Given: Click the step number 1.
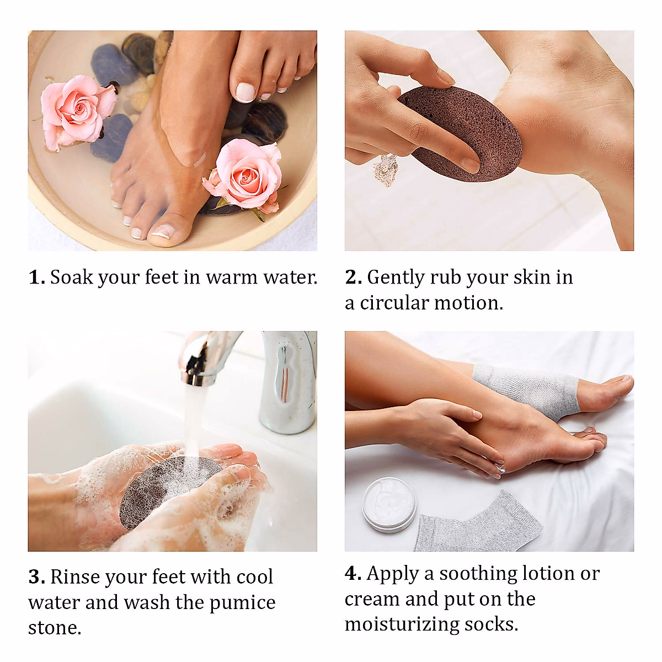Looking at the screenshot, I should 36,277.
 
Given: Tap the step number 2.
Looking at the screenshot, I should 353,277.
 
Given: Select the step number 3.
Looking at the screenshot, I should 36,577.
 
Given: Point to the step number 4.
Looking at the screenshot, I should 353,574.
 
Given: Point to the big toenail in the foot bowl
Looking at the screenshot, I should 163,232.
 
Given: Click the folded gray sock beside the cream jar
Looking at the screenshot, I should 474,524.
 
